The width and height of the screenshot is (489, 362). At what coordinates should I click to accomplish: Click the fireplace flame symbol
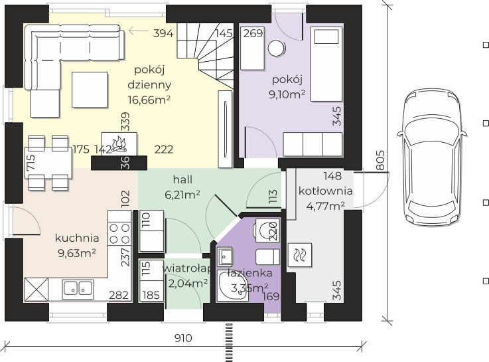pyautogui.click(x=119, y=144)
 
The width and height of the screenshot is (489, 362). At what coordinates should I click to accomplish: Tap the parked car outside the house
pyautogui.click(x=432, y=155)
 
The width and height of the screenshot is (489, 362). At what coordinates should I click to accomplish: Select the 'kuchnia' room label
pyautogui.click(x=77, y=238)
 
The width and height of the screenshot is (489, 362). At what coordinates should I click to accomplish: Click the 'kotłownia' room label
pyautogui.click(x=326, y=191)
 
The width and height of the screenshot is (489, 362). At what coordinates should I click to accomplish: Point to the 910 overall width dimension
pyautogui.click(x=183, y=338)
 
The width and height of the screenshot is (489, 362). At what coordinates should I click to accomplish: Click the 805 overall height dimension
pyautogui.click(x=380, y=160)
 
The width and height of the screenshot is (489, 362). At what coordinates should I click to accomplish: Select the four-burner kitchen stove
pyautogui.click(x=119, y=233)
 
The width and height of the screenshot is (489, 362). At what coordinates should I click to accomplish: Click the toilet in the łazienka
pyautogui.click(x=267, y=230)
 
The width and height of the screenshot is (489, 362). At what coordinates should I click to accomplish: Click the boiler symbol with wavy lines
pyautogui.click(x=299, y=255)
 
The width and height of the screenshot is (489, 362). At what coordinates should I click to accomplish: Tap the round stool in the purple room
pyautogui.click(x=276, y=48)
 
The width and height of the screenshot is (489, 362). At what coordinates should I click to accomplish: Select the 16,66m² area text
pyautogui.click(x=149, y=100)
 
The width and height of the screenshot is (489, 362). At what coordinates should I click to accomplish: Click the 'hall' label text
pyautogui.click(x=182, y=179)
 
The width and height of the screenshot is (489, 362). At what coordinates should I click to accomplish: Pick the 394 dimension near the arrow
pyautogui.click(x=163, y=33)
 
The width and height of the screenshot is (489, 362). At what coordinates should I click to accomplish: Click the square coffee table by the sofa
pyautogui.click(x=90, y=90)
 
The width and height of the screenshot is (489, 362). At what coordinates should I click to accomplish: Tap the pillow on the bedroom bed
pyautogui.click(x=326, y=37)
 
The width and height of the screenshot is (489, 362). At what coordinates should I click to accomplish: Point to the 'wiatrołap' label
pyautogui.click(x=187, y=268)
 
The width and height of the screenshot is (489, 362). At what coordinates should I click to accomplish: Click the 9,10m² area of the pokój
pyautogui.click(x=287, y=94)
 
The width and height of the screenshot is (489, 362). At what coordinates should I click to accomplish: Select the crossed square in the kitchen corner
pyautogui.click(x=36, y=290)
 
